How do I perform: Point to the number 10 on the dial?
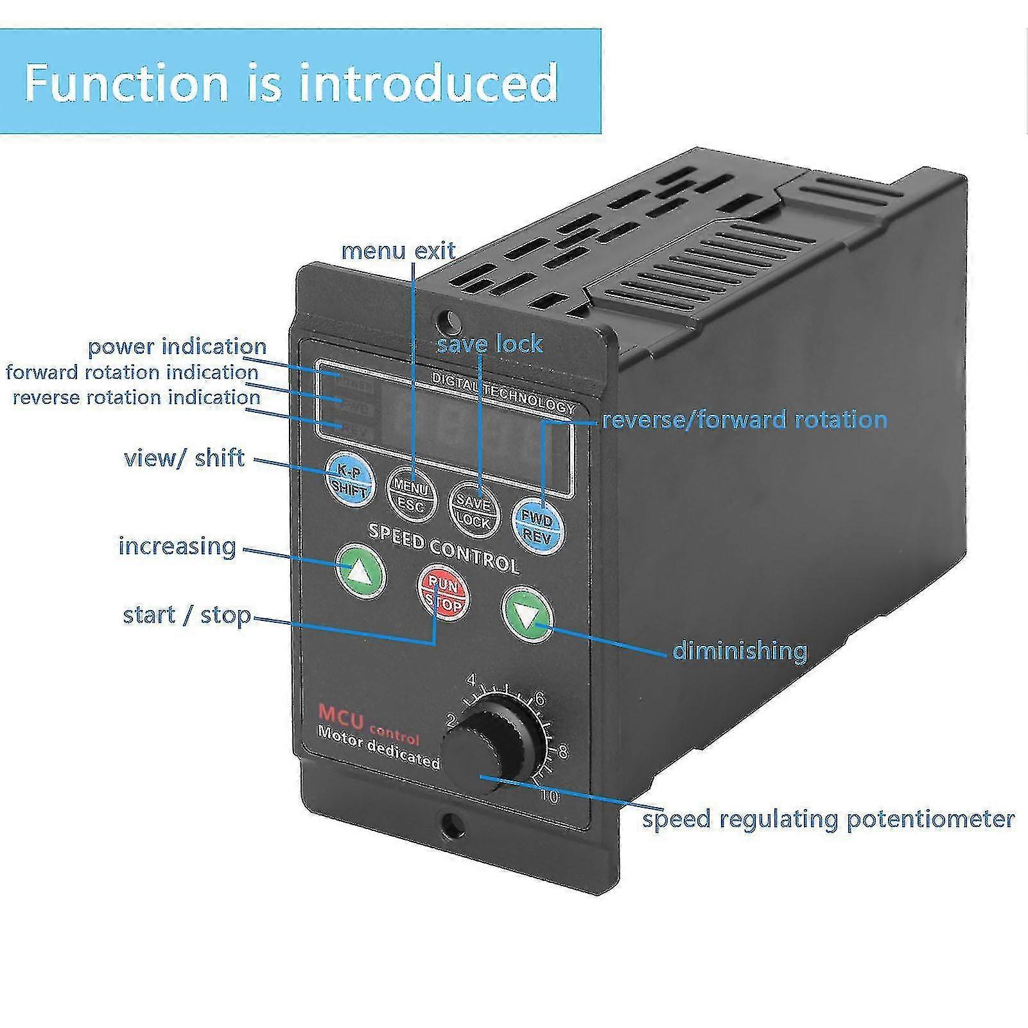tap(550, 797)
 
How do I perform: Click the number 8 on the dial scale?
tap(562, 751)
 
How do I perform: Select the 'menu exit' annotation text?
tap(398, 250)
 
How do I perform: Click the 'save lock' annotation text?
tap(489, 344)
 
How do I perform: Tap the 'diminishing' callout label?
tap(739, 650)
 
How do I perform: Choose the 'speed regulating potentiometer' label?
tap(828, 819)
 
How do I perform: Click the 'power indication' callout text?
tap(177, 347)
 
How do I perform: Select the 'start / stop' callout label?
tap(187, 615)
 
